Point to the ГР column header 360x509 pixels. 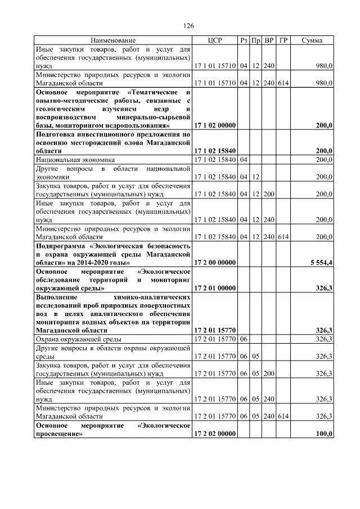click(x=283, y=40)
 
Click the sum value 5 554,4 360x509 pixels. click(x=321, y=263)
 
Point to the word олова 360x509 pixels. click(x=143, y=143)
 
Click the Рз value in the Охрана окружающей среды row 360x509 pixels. click(x=244, y=339)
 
